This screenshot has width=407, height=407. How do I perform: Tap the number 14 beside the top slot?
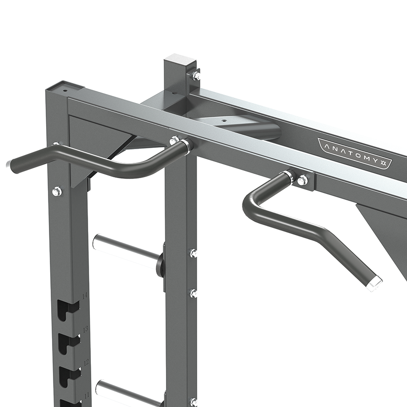pyautogui.click(x=84, y=295)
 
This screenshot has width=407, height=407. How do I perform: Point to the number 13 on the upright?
pyautogui.click(x=85, y=330)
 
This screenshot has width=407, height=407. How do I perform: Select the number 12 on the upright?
pyautogui.click(x=86, y=362)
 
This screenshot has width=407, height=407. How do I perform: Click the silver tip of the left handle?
pyautogui.click(x=9, y=165)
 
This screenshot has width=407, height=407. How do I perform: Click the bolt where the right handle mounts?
pyautogui.click(x=303, y=180)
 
